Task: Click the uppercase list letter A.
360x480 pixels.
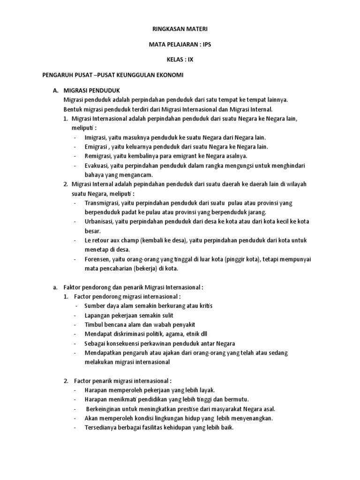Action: [x=55, y=90]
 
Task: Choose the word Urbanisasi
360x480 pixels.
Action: [x=99, y=221]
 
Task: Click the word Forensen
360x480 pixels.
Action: [x=96, y=259]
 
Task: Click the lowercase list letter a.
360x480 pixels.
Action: [x=55, y=287]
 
